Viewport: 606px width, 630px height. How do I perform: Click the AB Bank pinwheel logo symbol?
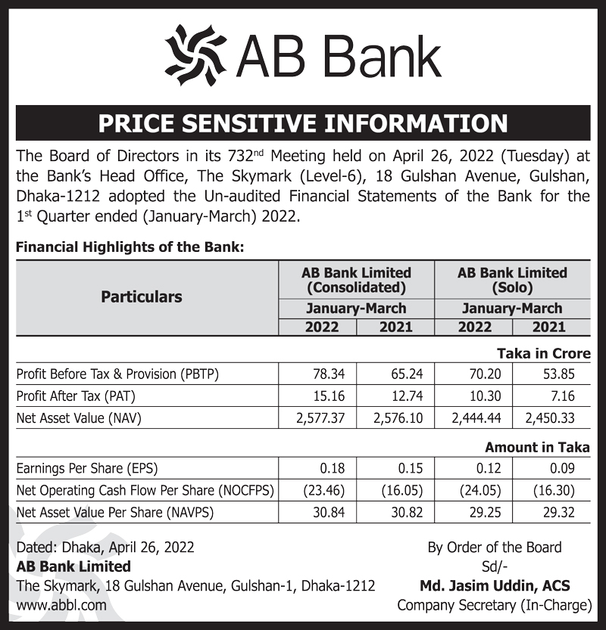195,55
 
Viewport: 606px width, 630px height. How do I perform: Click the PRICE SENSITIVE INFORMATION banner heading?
303,123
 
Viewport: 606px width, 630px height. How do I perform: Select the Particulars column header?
142,297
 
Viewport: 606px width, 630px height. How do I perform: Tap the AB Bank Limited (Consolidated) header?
356,280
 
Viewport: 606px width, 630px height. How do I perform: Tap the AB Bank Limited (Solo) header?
512,280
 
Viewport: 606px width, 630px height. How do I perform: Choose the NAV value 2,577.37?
318,417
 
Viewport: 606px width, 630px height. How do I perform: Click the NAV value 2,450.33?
551,417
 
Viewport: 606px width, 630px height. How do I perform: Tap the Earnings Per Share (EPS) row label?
87,469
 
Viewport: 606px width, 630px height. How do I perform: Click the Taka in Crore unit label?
543,353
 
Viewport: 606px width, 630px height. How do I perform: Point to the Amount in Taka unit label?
537,448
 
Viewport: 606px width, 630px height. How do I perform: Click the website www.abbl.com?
61,605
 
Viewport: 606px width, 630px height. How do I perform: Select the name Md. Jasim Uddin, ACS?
495,585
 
